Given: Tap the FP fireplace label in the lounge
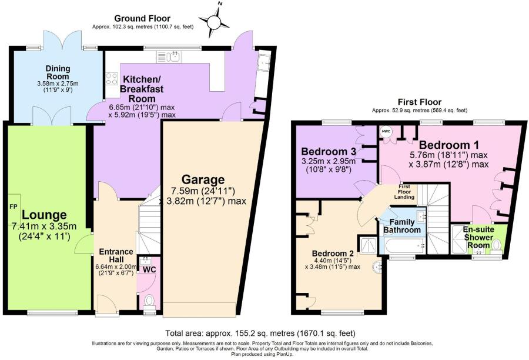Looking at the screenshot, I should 13,206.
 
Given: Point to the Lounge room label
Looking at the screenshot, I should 45,215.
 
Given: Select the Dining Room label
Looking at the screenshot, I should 58,72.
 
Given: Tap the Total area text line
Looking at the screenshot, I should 262,332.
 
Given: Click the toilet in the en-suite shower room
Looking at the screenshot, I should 497,244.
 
